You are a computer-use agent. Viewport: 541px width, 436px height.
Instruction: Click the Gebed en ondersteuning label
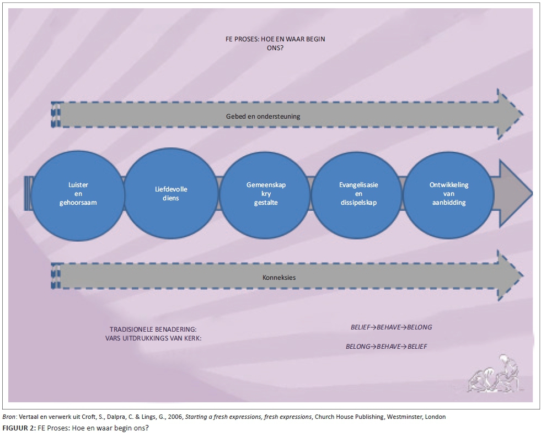pyautogui.click(x=263, y=116)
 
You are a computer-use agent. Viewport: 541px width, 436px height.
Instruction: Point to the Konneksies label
pyautogui.click(x=279, y=277)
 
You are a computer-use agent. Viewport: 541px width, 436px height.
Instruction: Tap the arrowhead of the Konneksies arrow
pyautogui.click(x=510, y=276)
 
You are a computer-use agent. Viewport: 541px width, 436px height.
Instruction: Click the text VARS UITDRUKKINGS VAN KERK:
pyautogui.click(x=153, y=338)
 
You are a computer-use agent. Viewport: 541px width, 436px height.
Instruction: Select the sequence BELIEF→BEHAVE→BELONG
pyautogui.click(x=391, y=327)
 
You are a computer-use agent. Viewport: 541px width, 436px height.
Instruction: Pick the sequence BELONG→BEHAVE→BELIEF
pyautogui.click(x=386, y=347)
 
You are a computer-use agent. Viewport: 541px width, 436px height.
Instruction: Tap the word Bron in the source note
pyautogui.click(x=9, y=417)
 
